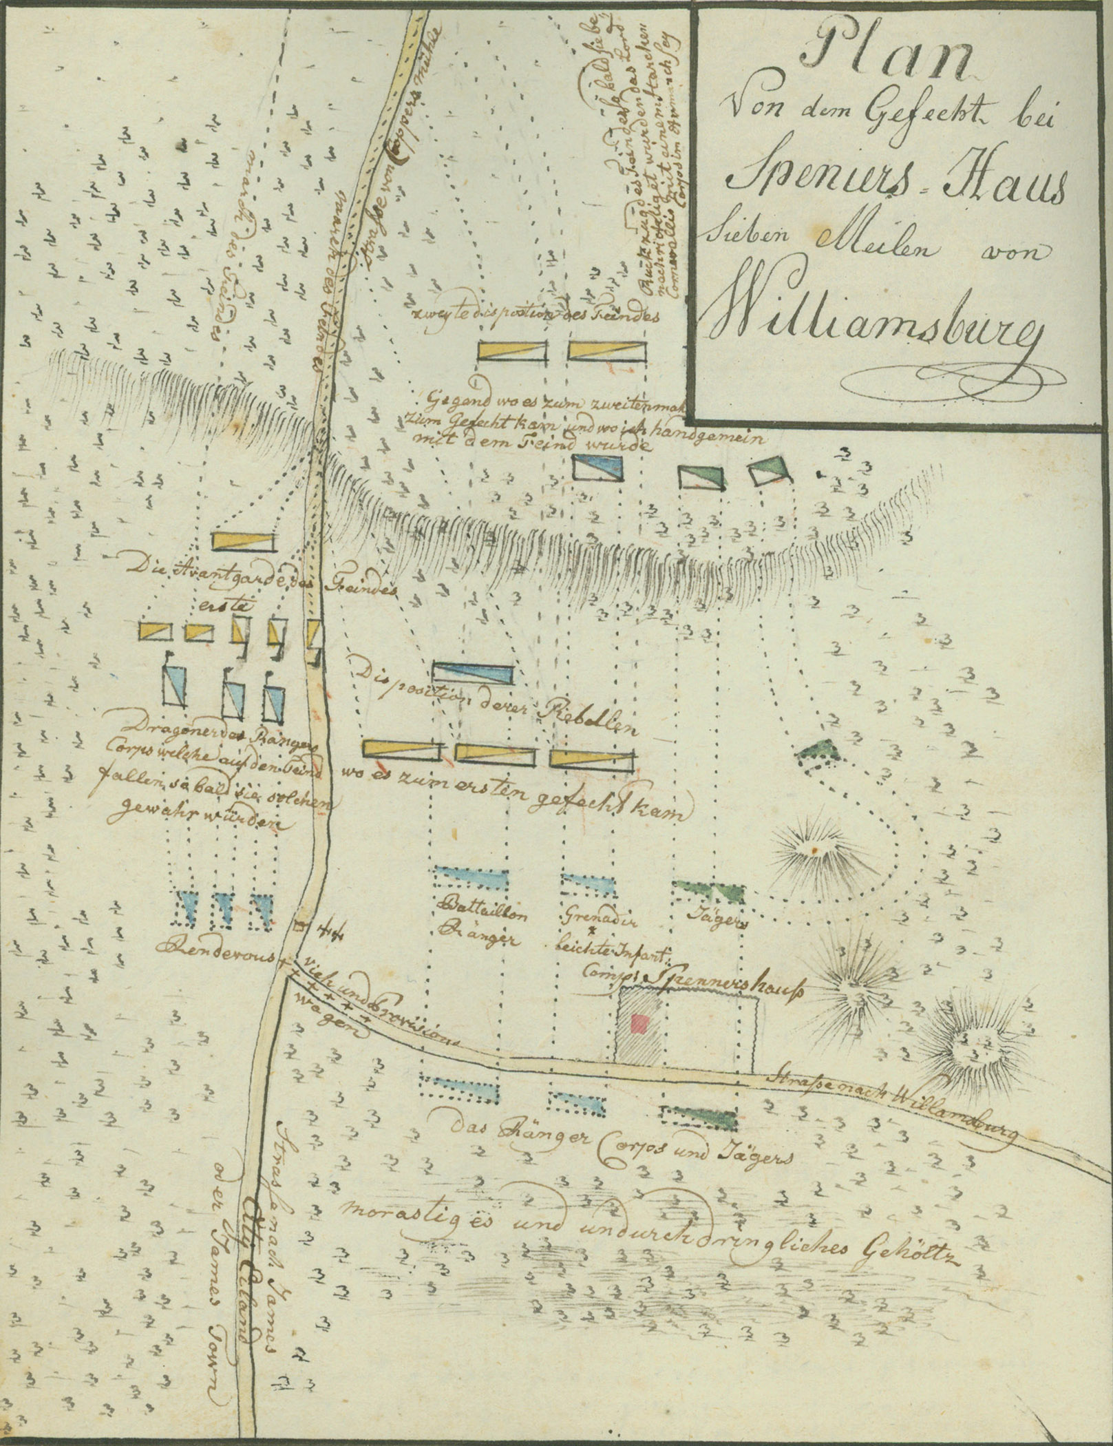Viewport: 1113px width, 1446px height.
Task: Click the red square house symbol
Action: point(641,1024)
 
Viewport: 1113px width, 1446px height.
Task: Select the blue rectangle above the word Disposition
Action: point(474,672)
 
